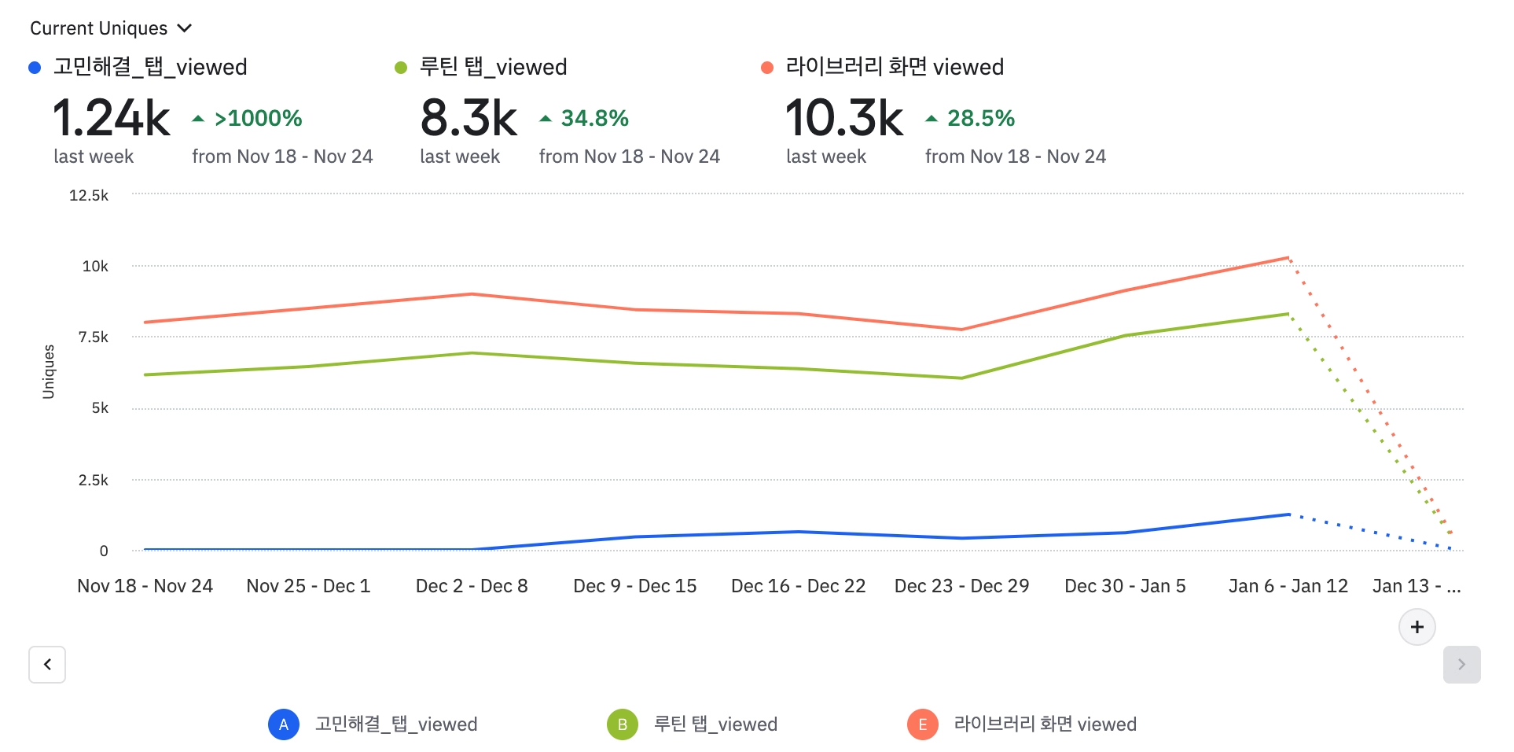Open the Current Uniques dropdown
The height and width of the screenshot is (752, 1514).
(111, 28)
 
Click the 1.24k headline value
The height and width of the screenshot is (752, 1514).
(111, 118)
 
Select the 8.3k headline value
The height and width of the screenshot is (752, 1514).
(469, 118)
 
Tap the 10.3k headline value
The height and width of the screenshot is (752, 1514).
(844, 118)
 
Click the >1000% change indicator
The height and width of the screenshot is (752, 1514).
(248, 118)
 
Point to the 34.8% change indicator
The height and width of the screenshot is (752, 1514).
(585, 118)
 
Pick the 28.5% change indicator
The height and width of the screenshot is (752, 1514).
(971, 118)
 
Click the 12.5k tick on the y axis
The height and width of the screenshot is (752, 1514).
(89, 195)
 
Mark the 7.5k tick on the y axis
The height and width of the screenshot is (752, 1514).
(94, 337)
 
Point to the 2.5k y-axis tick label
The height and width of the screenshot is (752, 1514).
(94, 480)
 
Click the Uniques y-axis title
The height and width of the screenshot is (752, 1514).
(49, 372)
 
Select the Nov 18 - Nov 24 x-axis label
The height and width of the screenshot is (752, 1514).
(145, 586)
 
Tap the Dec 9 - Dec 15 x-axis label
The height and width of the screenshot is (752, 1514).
(635, 586)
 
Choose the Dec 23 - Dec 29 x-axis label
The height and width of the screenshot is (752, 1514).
(961, 586)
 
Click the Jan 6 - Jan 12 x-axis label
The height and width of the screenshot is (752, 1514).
(1288, 586)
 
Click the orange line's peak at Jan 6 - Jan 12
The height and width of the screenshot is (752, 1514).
(1288, 257)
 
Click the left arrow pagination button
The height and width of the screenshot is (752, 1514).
(47, 665)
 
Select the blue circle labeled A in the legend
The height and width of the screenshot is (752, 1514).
(284, 724)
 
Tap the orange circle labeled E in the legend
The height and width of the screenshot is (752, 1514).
(923, 724)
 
